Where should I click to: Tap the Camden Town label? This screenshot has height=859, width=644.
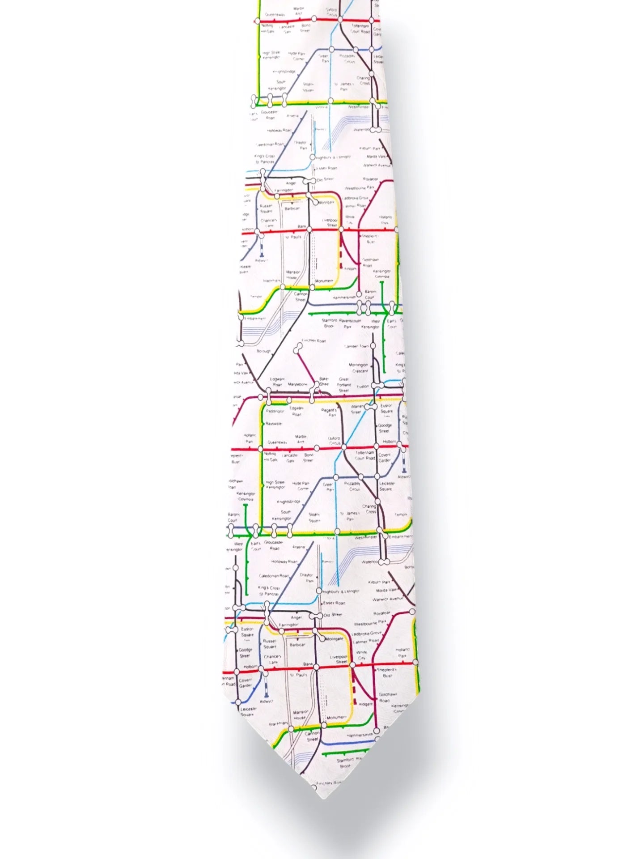[356, 346]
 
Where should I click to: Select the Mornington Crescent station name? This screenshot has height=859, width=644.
[358, 368]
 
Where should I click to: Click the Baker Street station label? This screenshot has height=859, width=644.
[324, 381]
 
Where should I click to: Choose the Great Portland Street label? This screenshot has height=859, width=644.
[343, 384]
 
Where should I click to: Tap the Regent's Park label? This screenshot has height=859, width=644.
[331, 412]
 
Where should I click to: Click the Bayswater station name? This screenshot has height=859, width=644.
[274, 423]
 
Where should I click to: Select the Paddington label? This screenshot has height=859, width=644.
[275, 410]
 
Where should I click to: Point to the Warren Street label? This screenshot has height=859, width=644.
[356, 409]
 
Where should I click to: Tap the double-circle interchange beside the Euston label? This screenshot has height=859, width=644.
[378, 385]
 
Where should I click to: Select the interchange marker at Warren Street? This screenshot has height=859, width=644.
[369, 406]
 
